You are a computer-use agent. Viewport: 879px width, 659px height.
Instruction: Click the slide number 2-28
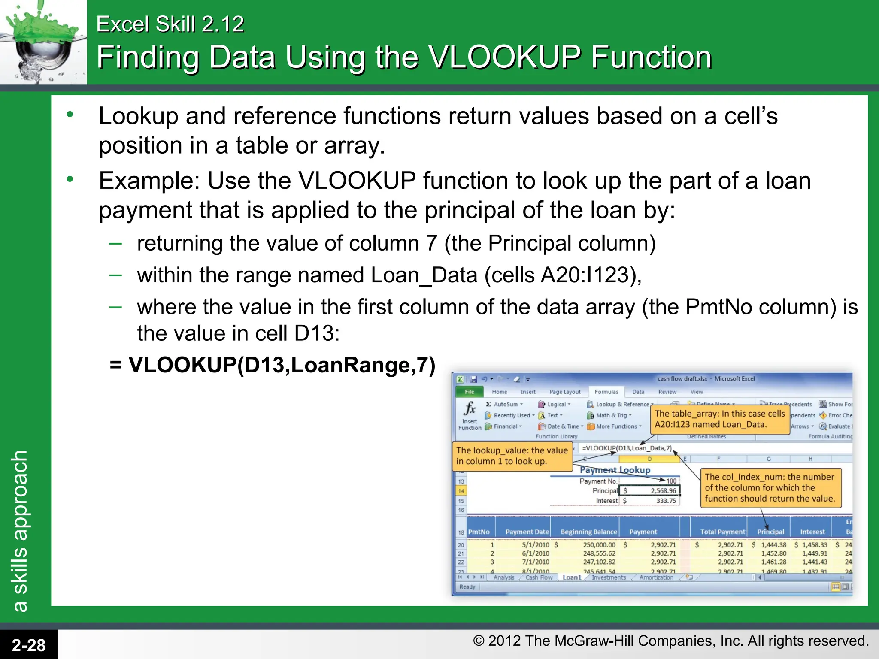(x=28, y=645)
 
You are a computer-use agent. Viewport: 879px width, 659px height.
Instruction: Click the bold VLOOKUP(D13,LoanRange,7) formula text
(x=273, y=365)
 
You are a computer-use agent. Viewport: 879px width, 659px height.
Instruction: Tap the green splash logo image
(x=43, y=42)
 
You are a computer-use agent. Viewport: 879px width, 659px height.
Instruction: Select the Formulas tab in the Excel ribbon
(x=606, y=392)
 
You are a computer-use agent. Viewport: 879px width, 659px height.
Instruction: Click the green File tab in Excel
(x=469, y=392)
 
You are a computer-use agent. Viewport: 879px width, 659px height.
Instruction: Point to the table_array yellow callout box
(x=719, y=419)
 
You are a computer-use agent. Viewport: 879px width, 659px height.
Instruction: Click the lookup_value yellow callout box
(x=512, y=456)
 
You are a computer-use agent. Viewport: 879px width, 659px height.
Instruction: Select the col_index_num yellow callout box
(x=770, y=488)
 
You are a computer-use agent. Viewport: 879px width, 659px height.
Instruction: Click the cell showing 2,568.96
(x=663, y=491)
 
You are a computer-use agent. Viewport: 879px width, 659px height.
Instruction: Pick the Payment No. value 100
(x=671, y=481)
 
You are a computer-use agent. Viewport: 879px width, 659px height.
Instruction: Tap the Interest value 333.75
(x=666, y=501)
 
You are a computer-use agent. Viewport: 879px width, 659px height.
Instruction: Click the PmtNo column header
(x=479, y=532)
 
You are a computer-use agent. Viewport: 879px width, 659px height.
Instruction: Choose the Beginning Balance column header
(x=588, y=532)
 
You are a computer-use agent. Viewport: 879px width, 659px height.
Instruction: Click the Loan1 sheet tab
(x=572, y=577)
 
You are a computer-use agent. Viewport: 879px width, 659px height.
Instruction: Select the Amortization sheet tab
(x=656, y=577)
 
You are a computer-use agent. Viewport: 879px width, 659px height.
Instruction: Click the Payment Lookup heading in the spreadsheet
(x=615, y=470)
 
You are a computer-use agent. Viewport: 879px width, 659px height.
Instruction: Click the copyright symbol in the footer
(x=478, y=641)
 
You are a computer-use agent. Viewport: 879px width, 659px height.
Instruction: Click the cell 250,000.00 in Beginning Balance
(x=599, y=545)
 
